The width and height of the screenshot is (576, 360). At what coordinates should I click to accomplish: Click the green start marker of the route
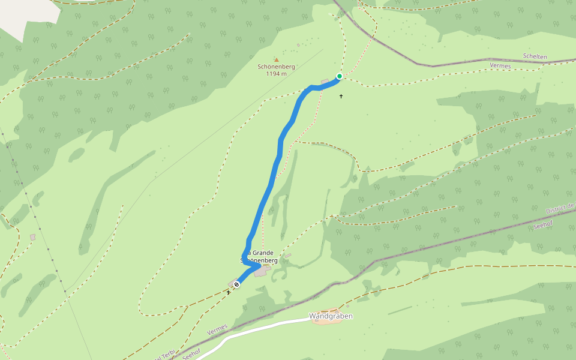pos(339,76)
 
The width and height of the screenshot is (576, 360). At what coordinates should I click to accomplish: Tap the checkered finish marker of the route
pos(237,284)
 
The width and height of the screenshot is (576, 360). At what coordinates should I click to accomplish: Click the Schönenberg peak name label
pos(276,67)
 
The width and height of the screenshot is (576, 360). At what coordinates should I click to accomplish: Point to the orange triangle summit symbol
pos(277,59)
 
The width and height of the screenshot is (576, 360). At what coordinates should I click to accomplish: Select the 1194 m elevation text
pos(276,74)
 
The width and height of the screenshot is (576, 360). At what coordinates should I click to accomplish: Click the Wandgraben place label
pos(331,316)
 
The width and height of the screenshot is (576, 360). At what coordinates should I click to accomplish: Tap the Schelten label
pos(535,56)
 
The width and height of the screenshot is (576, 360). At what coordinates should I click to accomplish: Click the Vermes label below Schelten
pos(500,65)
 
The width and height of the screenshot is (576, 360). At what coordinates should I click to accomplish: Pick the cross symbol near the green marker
pos(341,96)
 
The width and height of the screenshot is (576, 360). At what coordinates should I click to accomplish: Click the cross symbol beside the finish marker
pos(229,292)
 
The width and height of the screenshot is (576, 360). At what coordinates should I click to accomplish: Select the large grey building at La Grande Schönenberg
pos(261,271)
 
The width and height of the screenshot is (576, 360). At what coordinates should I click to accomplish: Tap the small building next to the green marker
pos(326,81)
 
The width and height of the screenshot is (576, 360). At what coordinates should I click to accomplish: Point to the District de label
pos(560,208)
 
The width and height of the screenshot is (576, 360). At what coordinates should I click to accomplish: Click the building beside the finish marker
pos(232,283)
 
